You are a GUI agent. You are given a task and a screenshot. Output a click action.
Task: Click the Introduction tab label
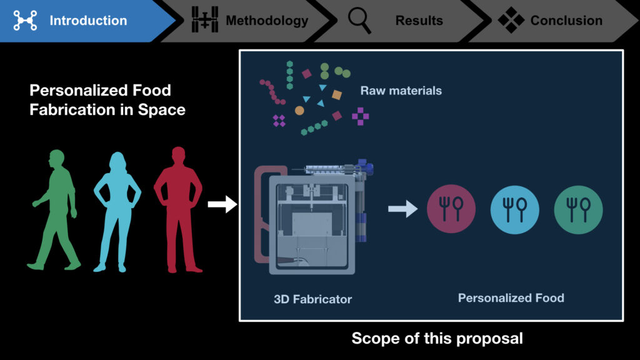point(88,21)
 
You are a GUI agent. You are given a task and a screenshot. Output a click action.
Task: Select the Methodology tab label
point(267,21)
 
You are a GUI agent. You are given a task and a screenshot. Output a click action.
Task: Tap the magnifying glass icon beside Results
point(359,21)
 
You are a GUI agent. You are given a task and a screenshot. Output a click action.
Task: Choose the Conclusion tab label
point(566,21)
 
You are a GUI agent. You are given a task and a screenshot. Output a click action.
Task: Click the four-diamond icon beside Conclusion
point(511,21)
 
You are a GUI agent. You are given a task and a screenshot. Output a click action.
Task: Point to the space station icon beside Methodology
point(204,21)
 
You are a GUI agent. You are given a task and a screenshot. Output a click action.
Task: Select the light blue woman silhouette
point(117,209)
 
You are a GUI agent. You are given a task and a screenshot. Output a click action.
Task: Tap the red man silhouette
point(179,209)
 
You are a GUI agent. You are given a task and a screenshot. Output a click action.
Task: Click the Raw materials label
point(401,91)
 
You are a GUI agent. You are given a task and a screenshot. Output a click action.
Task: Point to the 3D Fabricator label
point(312,299)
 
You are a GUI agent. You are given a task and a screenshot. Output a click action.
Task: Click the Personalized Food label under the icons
point(511,297)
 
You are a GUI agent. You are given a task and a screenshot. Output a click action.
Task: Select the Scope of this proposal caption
point(437,339)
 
